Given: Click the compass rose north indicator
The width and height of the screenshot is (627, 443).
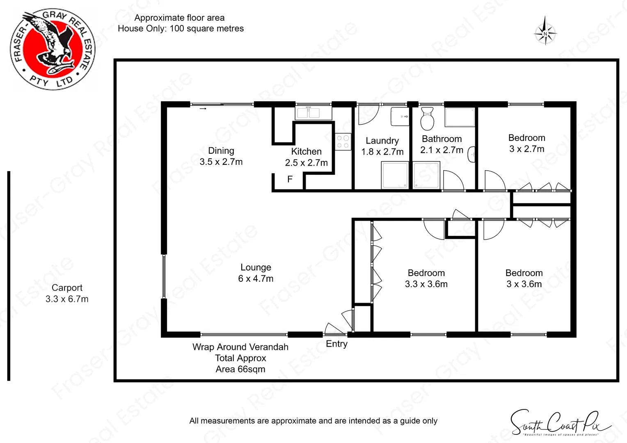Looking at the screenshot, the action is (545, 31).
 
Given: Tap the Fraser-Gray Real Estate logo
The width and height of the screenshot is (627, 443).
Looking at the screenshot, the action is (53, 50).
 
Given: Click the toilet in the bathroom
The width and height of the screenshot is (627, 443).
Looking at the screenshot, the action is (427, 119).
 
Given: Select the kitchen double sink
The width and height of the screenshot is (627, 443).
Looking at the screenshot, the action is (308, 113).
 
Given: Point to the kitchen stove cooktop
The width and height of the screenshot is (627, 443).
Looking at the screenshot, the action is (343, 142).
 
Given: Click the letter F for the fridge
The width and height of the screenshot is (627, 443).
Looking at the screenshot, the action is (290, 179).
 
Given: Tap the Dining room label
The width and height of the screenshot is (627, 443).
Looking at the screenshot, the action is (221, 151).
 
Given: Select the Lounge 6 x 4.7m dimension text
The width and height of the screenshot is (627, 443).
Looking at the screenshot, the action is (256, 279).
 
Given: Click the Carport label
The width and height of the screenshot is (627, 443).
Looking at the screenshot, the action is (67, 288).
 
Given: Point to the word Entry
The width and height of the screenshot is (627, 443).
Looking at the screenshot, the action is (336, 344).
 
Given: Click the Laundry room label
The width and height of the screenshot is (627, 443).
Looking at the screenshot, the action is (382, 141).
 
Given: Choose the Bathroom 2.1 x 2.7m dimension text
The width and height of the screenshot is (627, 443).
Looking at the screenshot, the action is (442, 150).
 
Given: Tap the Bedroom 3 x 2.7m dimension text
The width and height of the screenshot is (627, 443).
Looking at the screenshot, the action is (526, 149).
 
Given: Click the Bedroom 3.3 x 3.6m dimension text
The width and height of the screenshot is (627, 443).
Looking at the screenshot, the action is (426, 284).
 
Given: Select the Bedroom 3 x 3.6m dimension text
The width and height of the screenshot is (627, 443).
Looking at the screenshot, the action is (524, 284).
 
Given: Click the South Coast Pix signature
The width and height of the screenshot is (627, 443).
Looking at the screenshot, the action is (560, 423).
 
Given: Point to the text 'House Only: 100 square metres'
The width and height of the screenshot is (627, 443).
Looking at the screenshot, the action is (181, 28).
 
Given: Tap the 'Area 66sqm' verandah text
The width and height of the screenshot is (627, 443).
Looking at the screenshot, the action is (240, 369).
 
